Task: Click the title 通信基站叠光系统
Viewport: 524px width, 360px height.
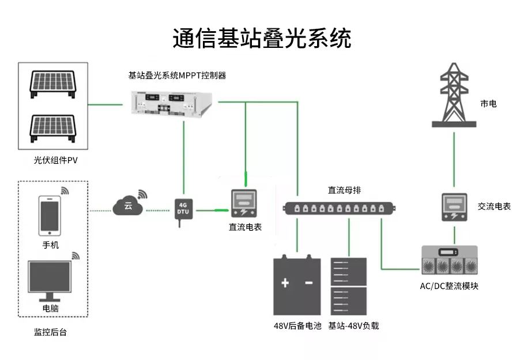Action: [x=262, y=38]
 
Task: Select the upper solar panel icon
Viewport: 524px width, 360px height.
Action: [x=54, y=85]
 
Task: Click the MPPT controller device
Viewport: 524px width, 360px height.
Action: [x=172, y=104]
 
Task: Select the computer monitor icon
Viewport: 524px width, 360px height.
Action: [x=50, y=280]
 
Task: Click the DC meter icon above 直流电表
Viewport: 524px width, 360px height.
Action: [x=246, y=205]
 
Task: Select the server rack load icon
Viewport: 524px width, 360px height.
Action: [x=348, y=286]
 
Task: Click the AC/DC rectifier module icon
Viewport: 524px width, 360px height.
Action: [x=449, y=261]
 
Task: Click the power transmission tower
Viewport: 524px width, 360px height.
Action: [x=454, y=95]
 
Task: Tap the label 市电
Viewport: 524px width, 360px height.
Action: [x=488, y=104]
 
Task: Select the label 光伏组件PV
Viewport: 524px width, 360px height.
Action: [x=55, y=160]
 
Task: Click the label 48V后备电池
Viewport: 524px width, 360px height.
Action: [x=297, y=326]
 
